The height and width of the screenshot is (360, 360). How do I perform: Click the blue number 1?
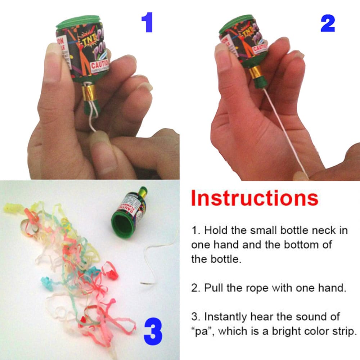(x=147, y=23)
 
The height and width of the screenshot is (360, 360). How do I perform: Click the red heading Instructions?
(x=255, y=198)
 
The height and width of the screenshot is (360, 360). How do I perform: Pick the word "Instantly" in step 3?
(x=224, y=317)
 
